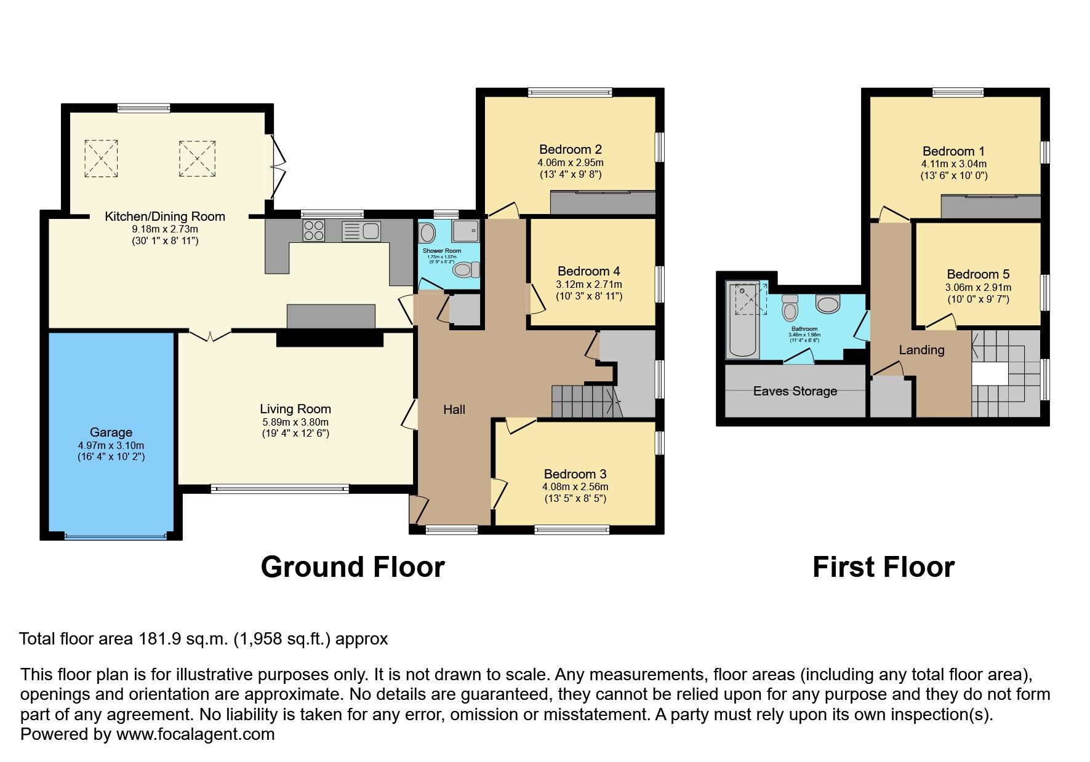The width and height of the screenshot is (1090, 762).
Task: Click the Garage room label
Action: tap(111, 432)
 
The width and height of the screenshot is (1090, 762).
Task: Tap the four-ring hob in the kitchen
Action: tap(314, 231)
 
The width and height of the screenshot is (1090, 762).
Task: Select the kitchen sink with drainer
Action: tap(362, 231)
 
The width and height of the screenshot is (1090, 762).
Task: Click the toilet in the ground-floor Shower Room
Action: tap(467, 269)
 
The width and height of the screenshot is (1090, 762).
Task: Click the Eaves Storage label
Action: tap(795, 391)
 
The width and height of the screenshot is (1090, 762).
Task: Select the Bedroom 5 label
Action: tap(978, 274)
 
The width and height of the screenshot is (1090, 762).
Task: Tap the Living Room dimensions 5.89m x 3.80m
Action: tap(295, 422)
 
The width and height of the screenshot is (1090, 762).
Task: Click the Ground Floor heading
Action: tap(352, 566)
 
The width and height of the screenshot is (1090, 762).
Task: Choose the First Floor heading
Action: tap(883, 566)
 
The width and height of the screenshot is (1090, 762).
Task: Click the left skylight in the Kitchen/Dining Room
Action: tap(101, 159)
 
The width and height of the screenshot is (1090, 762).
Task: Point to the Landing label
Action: tap(921, 350)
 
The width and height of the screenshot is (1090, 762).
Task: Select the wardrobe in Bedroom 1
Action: tap(990, 207)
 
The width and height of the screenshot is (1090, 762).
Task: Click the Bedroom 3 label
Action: tap(575, 474)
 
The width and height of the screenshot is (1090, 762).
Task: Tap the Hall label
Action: tap(454, 410)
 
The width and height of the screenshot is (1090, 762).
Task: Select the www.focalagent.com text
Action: tap(195, 734)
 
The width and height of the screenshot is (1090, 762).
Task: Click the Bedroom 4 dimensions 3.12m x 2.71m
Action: tap(589, 284)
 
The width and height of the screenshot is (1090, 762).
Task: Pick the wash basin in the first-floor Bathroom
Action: tap(828, 303)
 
